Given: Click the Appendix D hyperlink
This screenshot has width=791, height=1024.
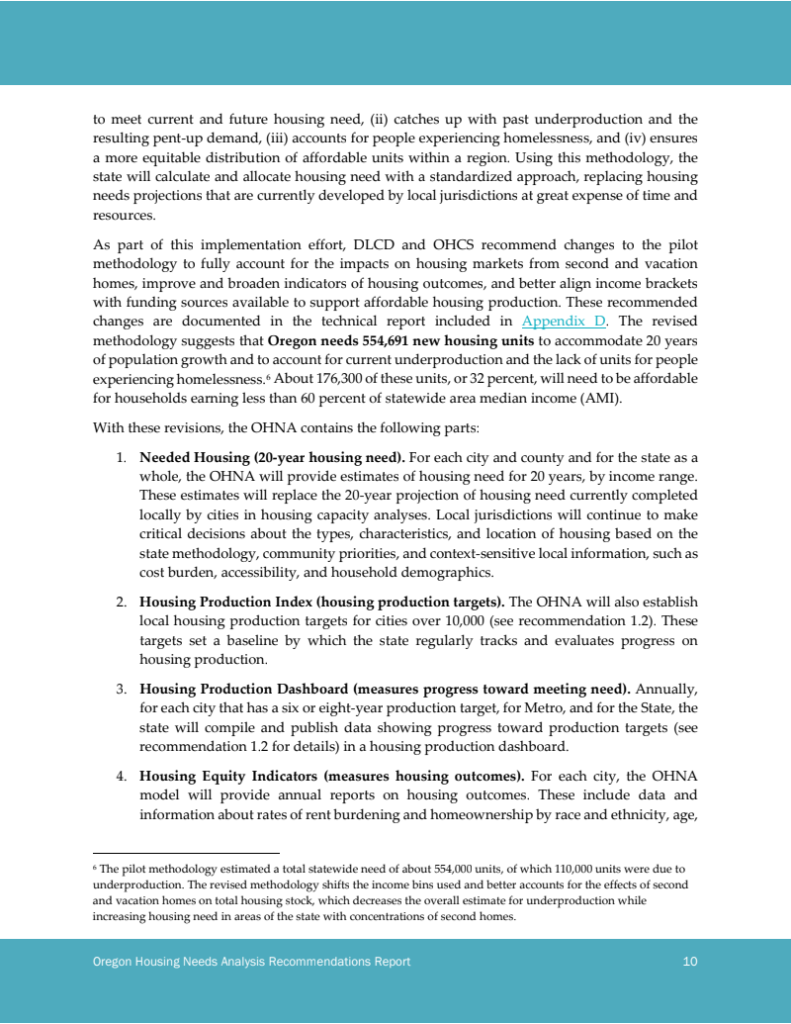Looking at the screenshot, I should [x=564, y=321].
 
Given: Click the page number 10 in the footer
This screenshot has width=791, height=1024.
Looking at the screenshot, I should [x=690, y=962].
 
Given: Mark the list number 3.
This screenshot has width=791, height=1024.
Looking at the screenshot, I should [x=120, y=689].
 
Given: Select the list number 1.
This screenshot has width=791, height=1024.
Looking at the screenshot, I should [x=120, y=459].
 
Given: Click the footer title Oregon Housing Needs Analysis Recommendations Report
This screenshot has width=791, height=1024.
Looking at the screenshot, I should [x=251, y=962].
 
